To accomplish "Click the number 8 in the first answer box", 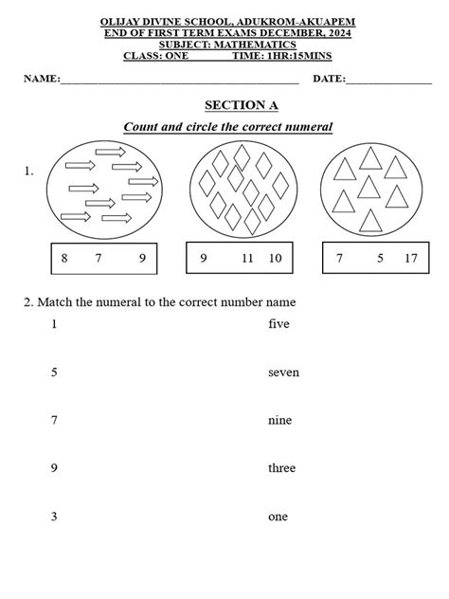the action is pos(64,259).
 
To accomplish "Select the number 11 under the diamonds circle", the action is pos(247,259).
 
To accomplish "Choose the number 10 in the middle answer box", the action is pos(275,259).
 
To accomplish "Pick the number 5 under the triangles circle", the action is pos(380,259).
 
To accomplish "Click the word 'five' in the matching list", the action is pos(278,324).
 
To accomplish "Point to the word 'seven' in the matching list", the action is pos(283,372).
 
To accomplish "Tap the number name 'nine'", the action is pos(279,420).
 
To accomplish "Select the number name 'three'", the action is pos(281,468).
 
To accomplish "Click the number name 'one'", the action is pos(278,517).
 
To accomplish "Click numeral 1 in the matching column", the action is pos(54,324).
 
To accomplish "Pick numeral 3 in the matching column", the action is pos(54,517).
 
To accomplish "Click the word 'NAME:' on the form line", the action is pos(42,79).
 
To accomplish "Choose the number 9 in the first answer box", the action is pos(142,259).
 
